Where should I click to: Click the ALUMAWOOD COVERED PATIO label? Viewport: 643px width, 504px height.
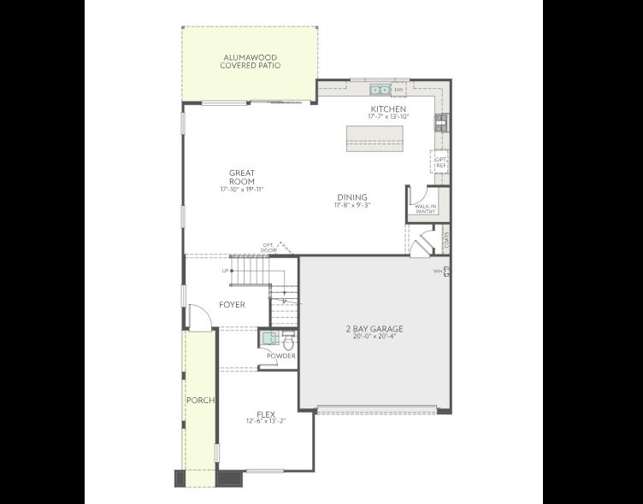pos(250,62)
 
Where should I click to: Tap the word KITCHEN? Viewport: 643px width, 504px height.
pos(387,108)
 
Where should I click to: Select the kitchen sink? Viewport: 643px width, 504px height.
pos(380,89)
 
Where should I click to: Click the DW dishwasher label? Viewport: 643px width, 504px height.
pos(398,89)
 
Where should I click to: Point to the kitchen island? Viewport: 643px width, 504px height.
pos(374,138)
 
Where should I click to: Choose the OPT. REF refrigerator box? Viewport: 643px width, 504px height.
pos(440,162)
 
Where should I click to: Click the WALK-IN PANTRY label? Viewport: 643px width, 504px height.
pos(425,208)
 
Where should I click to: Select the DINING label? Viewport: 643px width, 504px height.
pos(351,197)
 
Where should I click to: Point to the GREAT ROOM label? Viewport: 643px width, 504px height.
pos(242,177)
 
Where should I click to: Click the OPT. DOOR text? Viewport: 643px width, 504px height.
pos(269,247)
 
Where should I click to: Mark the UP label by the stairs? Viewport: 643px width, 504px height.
pos(226,271)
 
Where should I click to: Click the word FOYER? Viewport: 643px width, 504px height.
pos(232,305)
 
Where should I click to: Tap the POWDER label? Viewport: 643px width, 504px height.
pos(281,356)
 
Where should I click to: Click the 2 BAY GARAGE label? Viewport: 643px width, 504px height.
pos(374,329)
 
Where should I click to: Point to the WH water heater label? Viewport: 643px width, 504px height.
pos(436,272)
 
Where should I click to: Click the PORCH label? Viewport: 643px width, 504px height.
pos(200,400)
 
